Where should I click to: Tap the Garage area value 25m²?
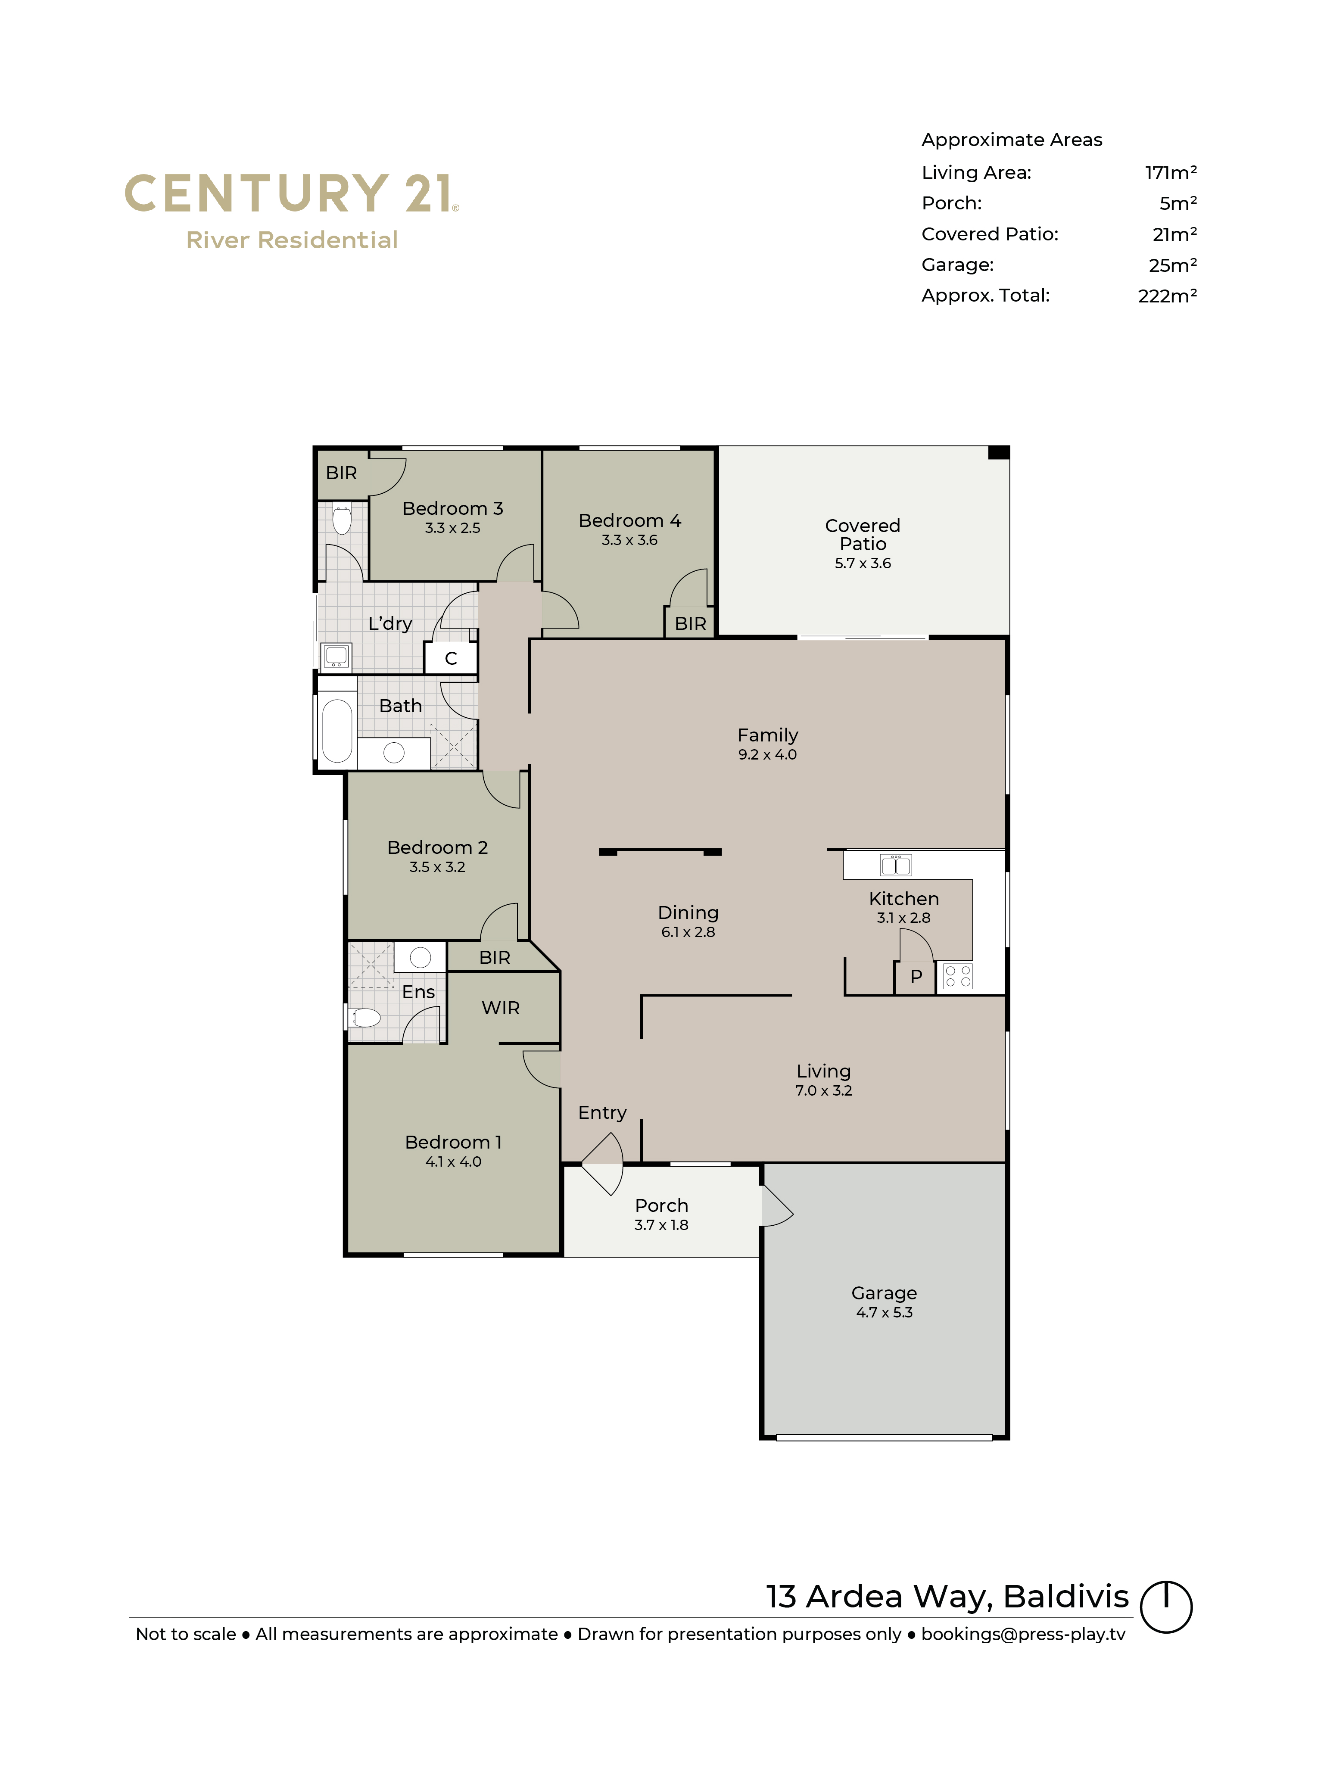[x=1172, y=265]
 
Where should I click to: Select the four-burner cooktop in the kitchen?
[x=957, y=976]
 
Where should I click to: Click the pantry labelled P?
[x=916, y=977]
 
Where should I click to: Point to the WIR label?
[x=501, y=1008]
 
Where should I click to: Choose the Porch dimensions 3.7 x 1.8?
[x=661, y=1224]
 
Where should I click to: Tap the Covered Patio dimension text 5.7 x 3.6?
[x=863, y=564]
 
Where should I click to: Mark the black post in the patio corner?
[x=998, y=452]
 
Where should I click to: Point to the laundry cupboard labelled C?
[x=451, y=658]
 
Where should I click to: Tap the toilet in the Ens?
[x=365, y=1018]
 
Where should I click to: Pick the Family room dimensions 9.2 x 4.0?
[x=767, y=754]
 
